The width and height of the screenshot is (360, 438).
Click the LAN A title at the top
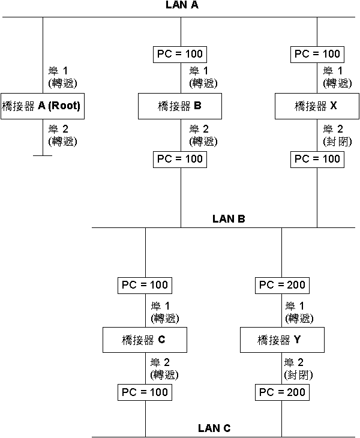pyautogui.click(x=181, y=5)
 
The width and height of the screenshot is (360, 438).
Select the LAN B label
pyautogui.click(x=229, y=219)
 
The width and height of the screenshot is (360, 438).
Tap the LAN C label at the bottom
pyautogui.click(x=214, y=428)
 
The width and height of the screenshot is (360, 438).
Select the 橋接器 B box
pyautogui.click(x=181, y=106)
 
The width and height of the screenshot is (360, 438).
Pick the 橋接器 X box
pyautogui.click(x=317, y=106)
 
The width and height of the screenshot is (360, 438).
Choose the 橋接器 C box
pyautogui.click(x=145, y=340)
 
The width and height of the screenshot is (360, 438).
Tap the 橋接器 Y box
pyautogui.click(x=282, y=340)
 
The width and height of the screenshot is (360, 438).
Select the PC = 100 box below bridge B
pyautogui.click(x=181, y=159)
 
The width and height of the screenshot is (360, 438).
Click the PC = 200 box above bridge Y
pyautogui.click(x=282, y=285)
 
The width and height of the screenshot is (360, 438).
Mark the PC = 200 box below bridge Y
pyautogui.click(x=282, y=393)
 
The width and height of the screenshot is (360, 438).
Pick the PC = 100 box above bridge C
pyautogui.click(x=145, y=285)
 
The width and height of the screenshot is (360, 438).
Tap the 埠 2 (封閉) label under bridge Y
pyautogui.click(x=298, y=368)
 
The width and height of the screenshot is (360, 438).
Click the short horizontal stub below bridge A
pyautogui.click(x=42, y=155)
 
